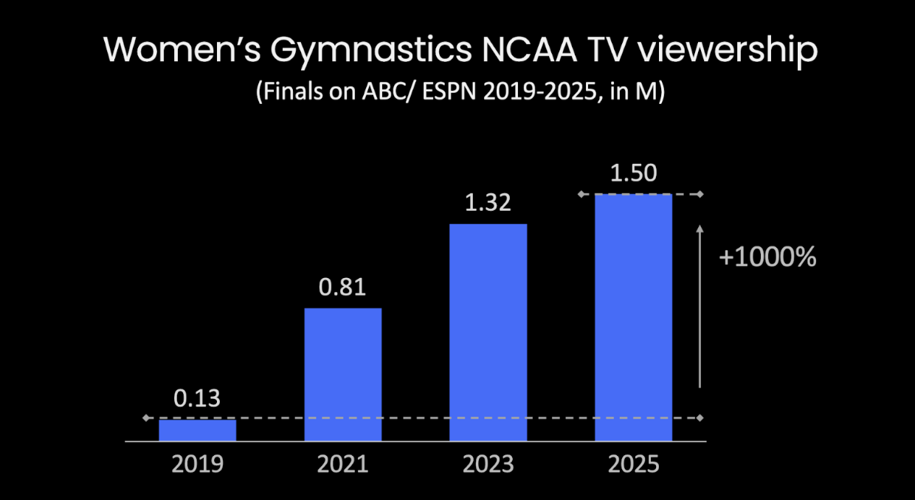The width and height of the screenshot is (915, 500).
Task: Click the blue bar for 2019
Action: (197, 430)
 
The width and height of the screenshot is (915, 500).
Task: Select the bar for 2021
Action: (343, 374)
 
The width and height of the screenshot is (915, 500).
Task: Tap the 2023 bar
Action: (488, 332)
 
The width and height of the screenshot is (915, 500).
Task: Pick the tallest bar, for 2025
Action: (634, 317)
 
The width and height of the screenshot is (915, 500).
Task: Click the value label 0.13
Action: (197, 399)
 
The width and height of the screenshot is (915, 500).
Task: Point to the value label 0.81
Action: (342, 287)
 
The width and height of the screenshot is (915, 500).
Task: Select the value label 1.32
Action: (488, 203)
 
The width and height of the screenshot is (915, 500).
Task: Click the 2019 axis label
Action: (197, 465)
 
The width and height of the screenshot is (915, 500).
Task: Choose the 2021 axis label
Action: (342, 465)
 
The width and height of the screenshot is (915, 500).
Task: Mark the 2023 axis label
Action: (488, 465)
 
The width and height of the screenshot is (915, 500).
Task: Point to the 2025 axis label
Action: (634, 465)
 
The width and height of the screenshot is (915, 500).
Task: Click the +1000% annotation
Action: (767, 257)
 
